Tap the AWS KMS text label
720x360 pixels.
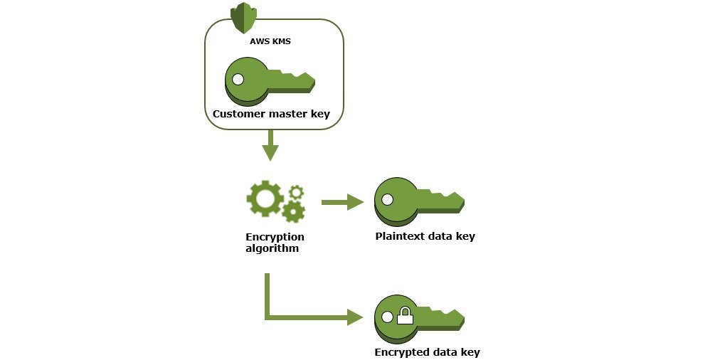[270, 41]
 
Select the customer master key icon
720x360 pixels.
[269, 82]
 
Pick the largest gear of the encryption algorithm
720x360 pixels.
[265, 199]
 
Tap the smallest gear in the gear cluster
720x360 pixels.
[297, 191]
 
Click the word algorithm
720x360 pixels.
[272, 249]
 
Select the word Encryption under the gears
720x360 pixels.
[275, 237]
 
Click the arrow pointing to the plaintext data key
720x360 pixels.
[342, 203]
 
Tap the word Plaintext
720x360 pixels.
[399, 236]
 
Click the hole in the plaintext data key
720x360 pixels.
[387, 200]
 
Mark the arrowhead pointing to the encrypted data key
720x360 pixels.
[355, 317]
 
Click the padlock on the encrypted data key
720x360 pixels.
[405, 316]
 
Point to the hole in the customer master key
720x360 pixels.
[238, 80]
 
